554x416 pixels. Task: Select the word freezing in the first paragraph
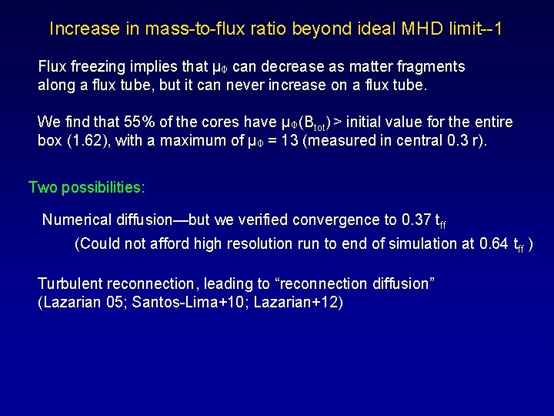(x=99, y=67)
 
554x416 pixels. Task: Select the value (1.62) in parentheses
(x=81, y=140)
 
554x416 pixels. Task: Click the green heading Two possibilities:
(x=87, y=187)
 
